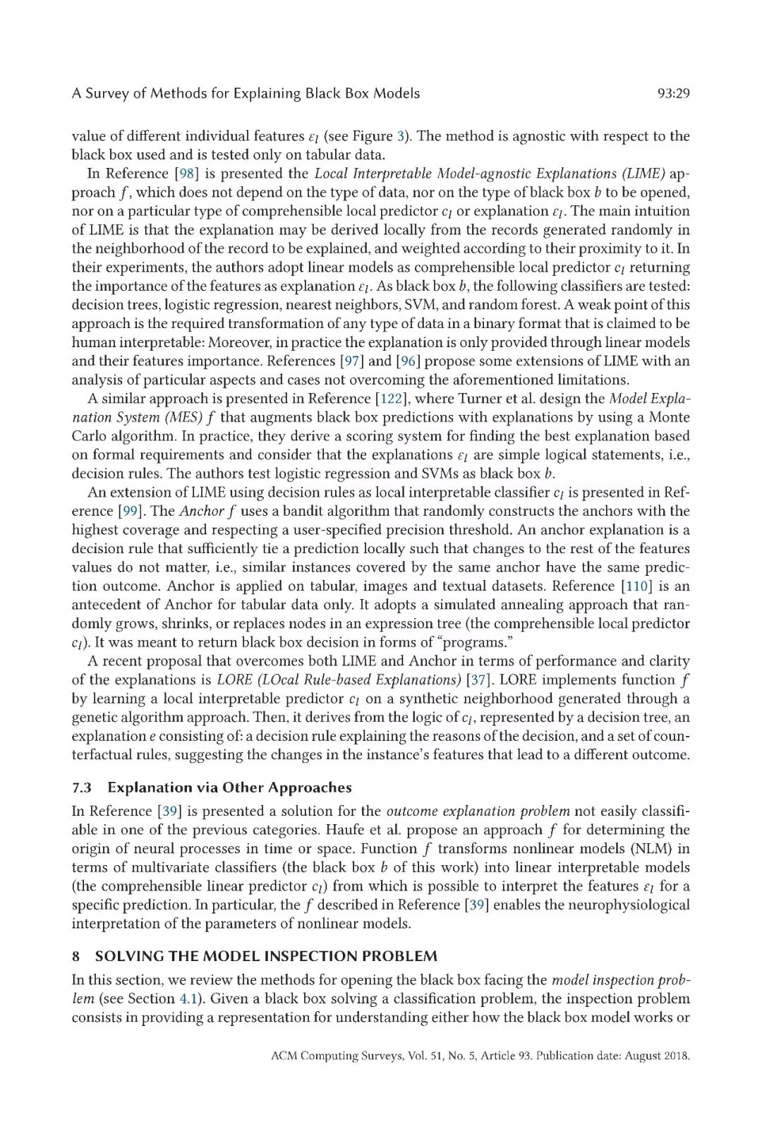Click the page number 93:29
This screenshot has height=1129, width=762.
(x=672, y=94)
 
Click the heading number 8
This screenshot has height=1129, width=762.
(x=75, y=957)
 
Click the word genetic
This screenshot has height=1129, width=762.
(x=92, y=718)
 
